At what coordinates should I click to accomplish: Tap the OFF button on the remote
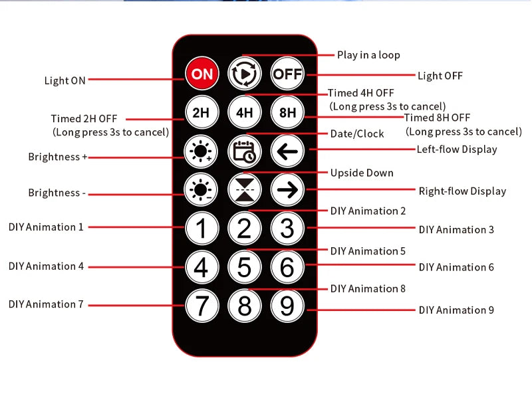(287, 74)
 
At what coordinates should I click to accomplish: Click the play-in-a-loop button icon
(244, 74)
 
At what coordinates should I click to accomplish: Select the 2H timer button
(201, 112)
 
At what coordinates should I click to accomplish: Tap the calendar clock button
(244, 151)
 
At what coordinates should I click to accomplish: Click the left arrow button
(287, 151)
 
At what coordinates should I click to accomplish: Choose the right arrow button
(287, 189)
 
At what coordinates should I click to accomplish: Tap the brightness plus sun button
(201, 151)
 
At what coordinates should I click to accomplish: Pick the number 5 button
(244, 267)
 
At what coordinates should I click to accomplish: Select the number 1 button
(202, 228)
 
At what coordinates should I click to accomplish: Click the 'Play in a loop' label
(368, 55)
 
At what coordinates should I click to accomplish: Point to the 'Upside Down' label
(362, 173)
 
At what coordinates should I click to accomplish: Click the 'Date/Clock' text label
(357, 134)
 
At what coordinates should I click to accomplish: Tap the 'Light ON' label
(65, 80)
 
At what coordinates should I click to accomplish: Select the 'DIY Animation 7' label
(46, 304)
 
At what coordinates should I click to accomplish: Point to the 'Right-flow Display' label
(462, 191)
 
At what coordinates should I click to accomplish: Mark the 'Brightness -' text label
(57, 193)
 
